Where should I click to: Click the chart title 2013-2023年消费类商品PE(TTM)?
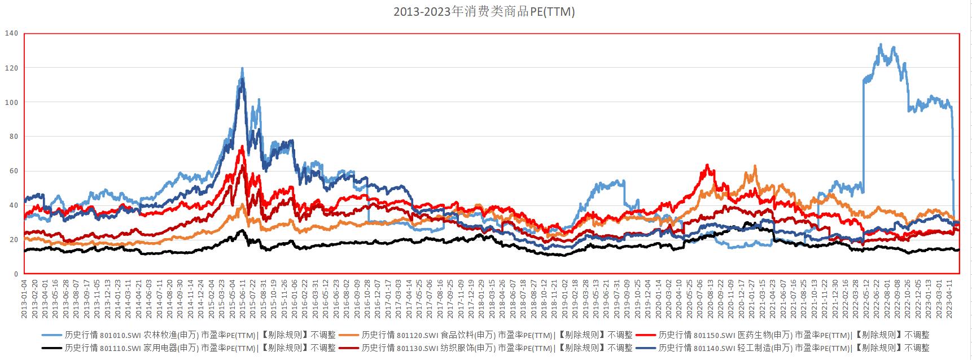pyautogui.click(x=484, y=12)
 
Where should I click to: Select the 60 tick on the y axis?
pyautogui.click(x=14, y=171)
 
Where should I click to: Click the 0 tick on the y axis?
pyautogui.click(x=16, y=274)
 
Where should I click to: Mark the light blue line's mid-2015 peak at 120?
pyautogui.click(x=242, y=68)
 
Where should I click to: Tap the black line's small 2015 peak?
pyautogui.click(x=242, y=230)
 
